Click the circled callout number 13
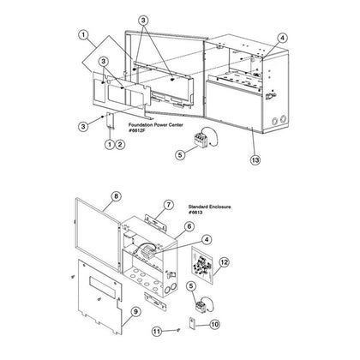coord(255,159)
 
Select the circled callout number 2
coord(120,144)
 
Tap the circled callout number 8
coord(116,196)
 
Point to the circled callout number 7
coord(169,205)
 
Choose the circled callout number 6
coord(189,226)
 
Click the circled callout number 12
coord(225,262)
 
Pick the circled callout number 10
coord(215,325)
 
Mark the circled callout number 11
coord(157,332)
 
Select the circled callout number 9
coord(135,311)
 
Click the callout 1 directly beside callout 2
coord(110,144)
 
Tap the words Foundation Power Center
coord(156,125)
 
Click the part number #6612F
coord(137,130)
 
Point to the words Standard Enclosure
coord(209,207)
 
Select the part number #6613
coord(195,212)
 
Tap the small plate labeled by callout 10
coord(192,322)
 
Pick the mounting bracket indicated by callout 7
coord(156,222)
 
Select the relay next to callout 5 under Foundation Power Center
coord(201,139)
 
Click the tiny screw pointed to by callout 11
coord(178,330)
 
